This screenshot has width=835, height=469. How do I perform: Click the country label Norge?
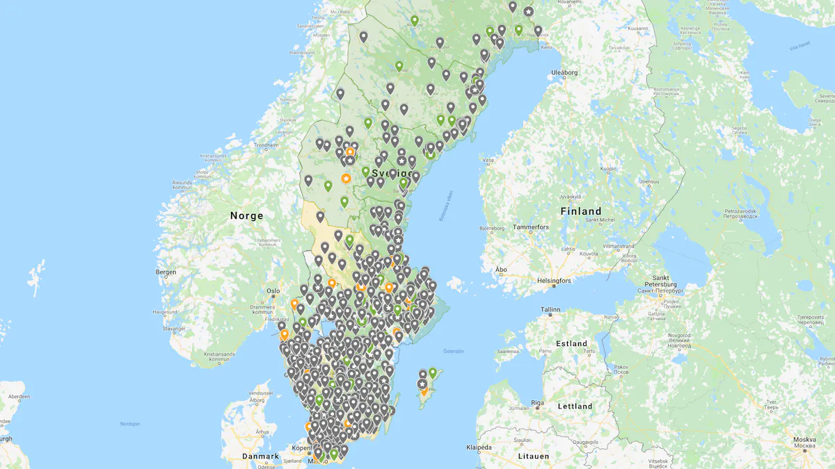pyautogui.click(x=247, y=215)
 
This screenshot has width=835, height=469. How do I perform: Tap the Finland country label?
pyautogui.click(x=581, y=211)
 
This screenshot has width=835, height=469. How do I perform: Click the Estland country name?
pyautogui.click(x=572, y=343)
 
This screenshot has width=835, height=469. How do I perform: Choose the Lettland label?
pyautogui.click(x=575, y=406)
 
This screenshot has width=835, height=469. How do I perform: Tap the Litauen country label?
pyautogui.click(x=533, y=456)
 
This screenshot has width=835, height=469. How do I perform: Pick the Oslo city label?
pyautogui.click(x=273, y=291)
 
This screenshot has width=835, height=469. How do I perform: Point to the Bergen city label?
pyautogui.click(x=166, y=272)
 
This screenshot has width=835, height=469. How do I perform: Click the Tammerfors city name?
pyautogui.click(x=531, y=227)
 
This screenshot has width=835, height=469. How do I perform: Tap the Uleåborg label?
pyautogui.click(x=564, y=72)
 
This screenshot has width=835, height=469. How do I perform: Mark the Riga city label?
pyautogui.click(x=536, y=402)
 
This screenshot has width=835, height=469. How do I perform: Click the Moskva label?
pyautogui.click(x=805, y=440)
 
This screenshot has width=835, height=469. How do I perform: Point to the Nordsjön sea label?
pyautogui.click(x=130, y=423)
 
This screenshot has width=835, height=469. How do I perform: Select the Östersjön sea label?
pyautogui.click(x=453, y=351)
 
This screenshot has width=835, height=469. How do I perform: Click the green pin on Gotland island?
pyautogui.click(x=433, y=372)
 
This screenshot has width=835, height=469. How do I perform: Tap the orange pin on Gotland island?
pyautogui.click(x=424, y=390)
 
